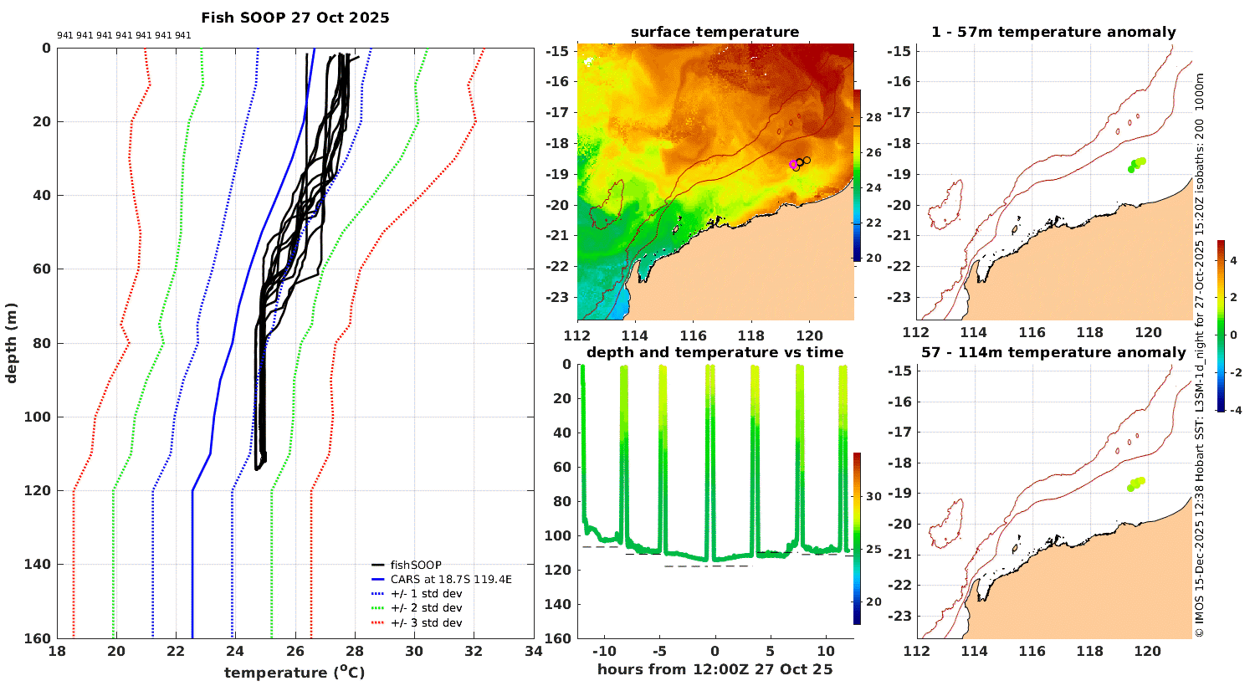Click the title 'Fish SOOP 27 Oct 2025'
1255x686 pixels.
295,18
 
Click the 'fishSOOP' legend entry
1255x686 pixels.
415,565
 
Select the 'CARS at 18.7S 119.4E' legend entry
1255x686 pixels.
451,579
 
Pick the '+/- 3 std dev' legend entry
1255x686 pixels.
426,622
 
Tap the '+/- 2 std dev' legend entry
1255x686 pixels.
426,608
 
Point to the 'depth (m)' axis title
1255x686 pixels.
11,342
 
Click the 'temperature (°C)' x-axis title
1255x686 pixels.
295,672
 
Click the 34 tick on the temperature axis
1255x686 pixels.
533,652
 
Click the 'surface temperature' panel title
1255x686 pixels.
715,32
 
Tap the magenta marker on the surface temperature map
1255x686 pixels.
793,165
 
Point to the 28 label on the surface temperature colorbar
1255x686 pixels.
873,118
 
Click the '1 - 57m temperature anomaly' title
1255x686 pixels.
1053,32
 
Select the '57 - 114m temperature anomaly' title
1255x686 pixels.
1053,352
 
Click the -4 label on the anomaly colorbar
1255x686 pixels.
1232,410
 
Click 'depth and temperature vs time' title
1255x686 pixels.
715,352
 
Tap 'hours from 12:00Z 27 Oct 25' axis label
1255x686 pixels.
715,668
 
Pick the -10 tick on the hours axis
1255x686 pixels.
602,651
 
